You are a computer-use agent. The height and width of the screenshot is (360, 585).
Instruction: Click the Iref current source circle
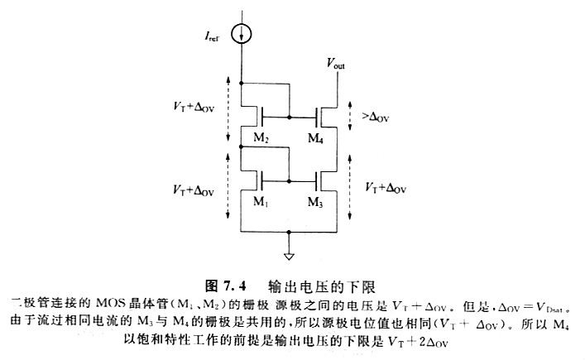click(x=242, y=35)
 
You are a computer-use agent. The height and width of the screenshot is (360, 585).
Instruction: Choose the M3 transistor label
click(x=314, y=203)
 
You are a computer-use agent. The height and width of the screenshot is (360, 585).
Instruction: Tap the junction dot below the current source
click(x=242, y=83)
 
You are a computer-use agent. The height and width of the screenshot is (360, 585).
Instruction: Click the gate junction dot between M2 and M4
click(x=288, y=118)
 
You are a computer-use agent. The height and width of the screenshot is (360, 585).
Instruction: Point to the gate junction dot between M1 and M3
click(x=288, y=180)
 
